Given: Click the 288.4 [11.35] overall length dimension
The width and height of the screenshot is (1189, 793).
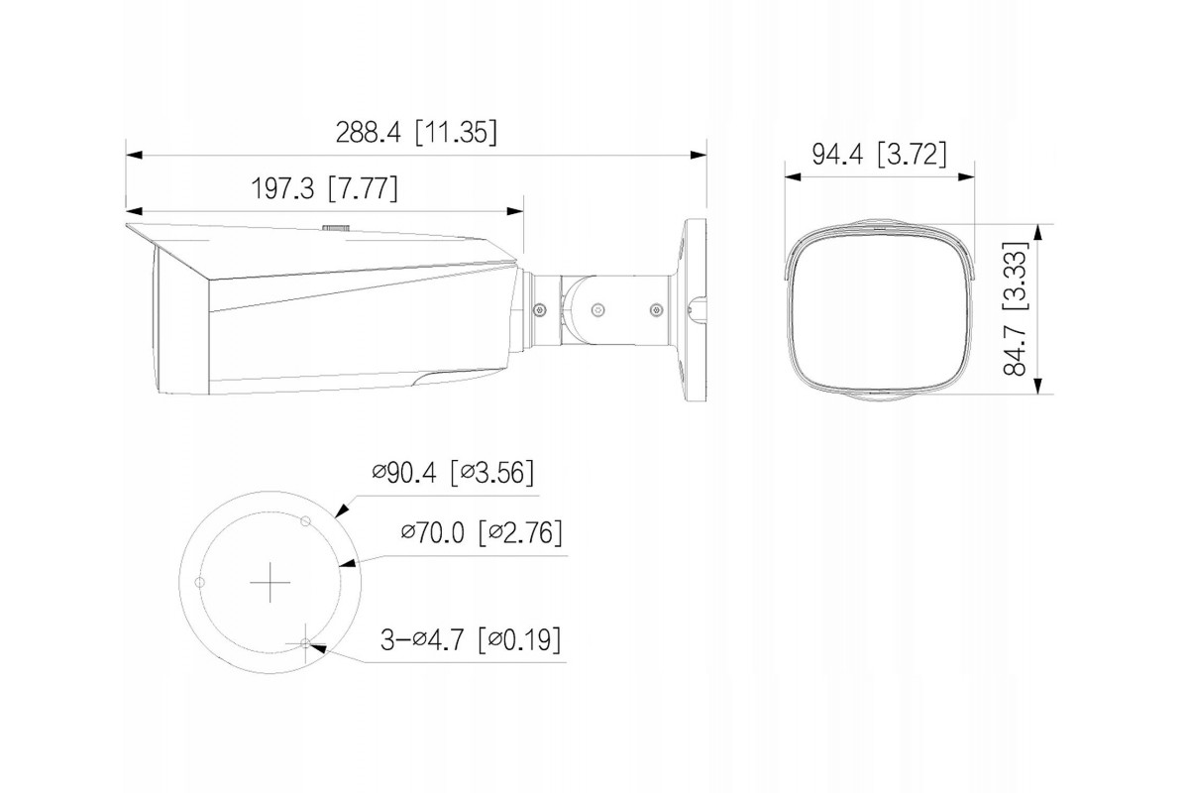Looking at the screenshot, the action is click(x=416, y=132).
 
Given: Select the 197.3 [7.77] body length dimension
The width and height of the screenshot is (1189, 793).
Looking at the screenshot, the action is click(x=324, y=188).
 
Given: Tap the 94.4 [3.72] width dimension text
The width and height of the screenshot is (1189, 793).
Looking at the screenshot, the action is click(x=880, y=155).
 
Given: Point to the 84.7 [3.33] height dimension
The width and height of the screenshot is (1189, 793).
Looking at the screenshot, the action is click(x=1016, y=308).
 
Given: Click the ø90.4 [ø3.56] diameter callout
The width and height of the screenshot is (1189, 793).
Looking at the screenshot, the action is click(x=453, y=472).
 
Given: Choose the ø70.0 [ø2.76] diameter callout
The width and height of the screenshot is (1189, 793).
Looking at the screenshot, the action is click(x=482, y=532).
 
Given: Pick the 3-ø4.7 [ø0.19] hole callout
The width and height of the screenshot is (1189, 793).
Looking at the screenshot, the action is click(x=471, y=639).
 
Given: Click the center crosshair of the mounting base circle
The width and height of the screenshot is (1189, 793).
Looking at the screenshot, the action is click(x=270, y=583).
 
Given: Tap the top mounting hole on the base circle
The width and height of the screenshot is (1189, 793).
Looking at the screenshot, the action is click(x=305, y=521).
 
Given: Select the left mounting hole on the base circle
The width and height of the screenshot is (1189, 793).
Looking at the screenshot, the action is click(x=200, y=582).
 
